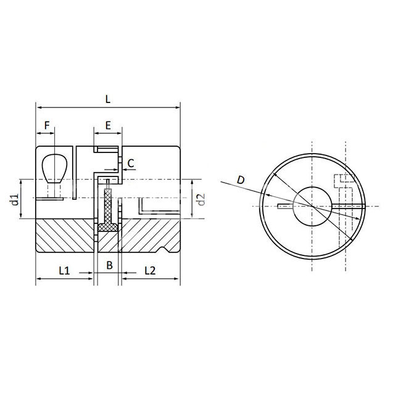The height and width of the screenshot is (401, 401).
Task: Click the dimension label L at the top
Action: tap(108, 99)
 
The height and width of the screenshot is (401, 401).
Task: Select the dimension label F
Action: tap(47, 126)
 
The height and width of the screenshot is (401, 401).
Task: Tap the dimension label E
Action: tap(108, 126)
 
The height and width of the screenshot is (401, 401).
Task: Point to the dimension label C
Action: tap(131, 163)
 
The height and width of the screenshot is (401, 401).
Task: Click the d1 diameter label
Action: tap(15, 199)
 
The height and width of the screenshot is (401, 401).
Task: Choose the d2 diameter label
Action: tap(202, 199)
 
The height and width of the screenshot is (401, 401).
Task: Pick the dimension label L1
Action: tap(64, 270)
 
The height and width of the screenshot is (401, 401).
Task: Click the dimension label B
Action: tap(109, 265)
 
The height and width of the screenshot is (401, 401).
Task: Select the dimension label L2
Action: tap(150, 270)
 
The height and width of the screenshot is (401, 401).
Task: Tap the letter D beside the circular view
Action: tap(241, 180)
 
